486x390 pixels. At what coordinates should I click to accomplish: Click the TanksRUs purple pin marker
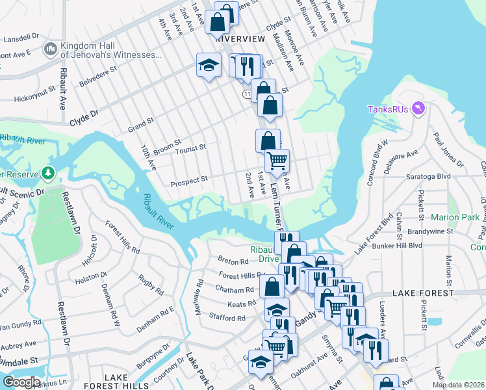[417, 109]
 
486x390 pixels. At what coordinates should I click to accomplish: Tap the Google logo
[21, 382]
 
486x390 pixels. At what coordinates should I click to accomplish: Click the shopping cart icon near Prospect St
[277, 160]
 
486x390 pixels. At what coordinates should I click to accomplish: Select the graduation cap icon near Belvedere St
[209, 65]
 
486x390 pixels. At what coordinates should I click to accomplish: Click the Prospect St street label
[188, 178]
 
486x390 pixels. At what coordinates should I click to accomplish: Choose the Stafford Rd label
[227, 318]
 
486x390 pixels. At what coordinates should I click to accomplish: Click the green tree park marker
[47, 173]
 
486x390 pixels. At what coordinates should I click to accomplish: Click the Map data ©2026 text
[457, 385]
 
